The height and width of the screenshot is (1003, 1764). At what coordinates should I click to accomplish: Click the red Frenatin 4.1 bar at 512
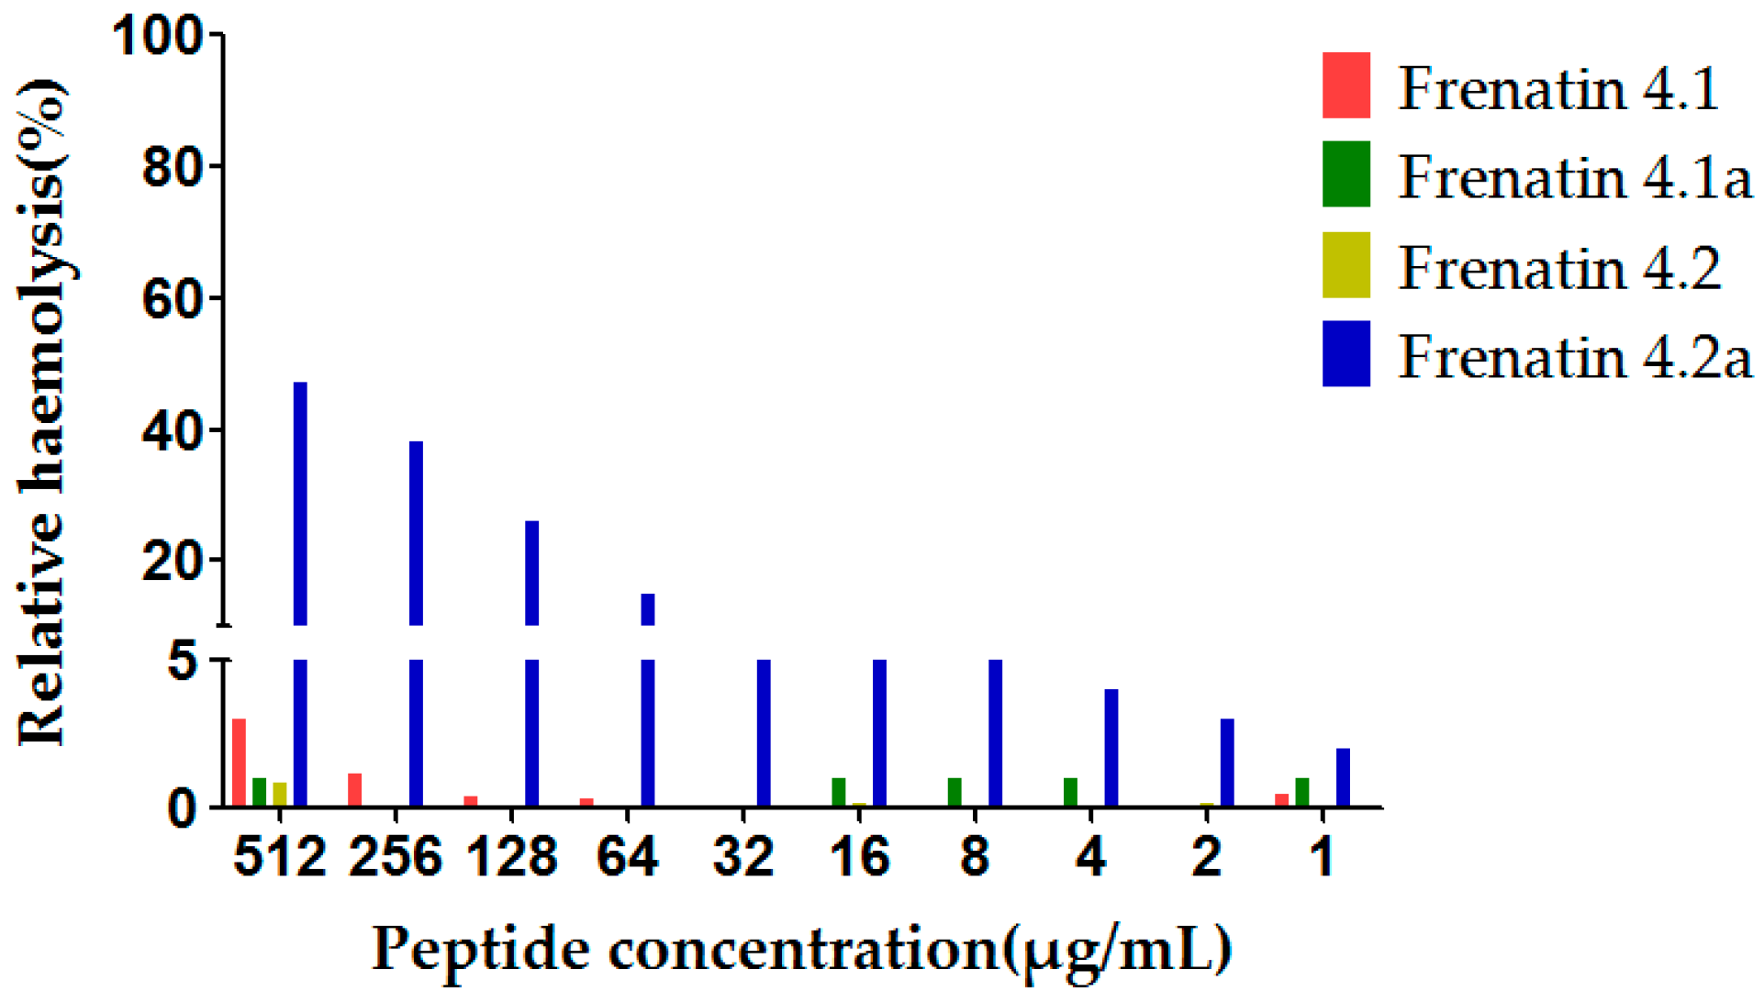tap(239, 762)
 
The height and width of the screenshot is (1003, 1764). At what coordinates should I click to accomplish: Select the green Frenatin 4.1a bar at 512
tap(260, 792)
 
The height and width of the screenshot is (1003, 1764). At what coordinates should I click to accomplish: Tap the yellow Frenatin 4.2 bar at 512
tap(280, 794)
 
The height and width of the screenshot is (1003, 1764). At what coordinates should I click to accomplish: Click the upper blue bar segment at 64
tap(648, 609)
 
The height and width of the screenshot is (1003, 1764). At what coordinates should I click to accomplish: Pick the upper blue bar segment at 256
tap(416, 532)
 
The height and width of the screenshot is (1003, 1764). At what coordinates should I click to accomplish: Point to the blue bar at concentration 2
tap(1227, 762)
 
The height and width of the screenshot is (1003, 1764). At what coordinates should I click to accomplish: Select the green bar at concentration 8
tap(955, 792)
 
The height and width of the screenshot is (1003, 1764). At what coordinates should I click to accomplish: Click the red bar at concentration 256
tap(355, 789)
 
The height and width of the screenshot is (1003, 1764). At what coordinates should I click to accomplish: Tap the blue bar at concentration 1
tap(1343, 777)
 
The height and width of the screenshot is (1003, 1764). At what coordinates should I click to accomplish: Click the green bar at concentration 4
tap(1070, 792)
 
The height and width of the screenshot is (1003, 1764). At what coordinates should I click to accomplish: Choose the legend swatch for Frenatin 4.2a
tap(1345, 353)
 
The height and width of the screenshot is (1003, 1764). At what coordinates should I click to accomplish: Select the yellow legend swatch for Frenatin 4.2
tap(1345, 265)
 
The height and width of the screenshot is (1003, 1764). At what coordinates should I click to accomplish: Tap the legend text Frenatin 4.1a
tap(1574, 176)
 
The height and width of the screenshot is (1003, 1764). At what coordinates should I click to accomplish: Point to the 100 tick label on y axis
tap(156, 37)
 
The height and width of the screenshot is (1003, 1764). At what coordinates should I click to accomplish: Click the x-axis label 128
tap(511, 857)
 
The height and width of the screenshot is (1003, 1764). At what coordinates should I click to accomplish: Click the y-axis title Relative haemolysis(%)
tap(41, 413)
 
